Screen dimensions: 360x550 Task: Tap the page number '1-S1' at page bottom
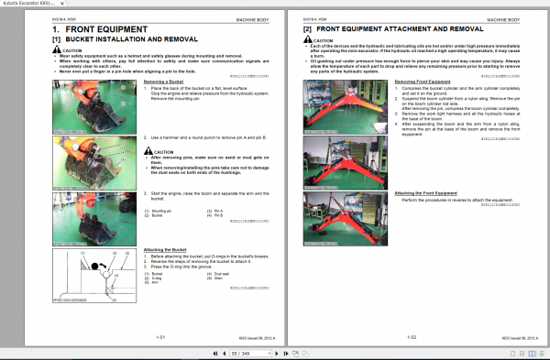pyautogui.click(x=160, y=336)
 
